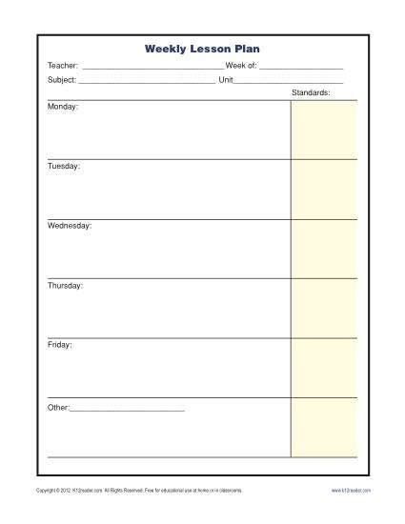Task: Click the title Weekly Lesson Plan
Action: pos(201,48)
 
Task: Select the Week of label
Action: pos(241,66)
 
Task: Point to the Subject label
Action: pos(61,80)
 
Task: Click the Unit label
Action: pos(226,80)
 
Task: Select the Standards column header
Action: pos(311,93)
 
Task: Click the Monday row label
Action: pos(63,107)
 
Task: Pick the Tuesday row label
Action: pos(64,166)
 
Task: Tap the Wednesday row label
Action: pos(70,226)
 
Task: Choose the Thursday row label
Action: pos(65,285)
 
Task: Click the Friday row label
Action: pos(60,344)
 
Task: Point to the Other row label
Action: pos(58,408)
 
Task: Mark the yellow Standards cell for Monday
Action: pos(324,130)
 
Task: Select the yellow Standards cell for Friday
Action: pos(324,368)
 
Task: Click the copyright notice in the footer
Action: pos(138,490)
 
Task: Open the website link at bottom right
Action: pos(351,490)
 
